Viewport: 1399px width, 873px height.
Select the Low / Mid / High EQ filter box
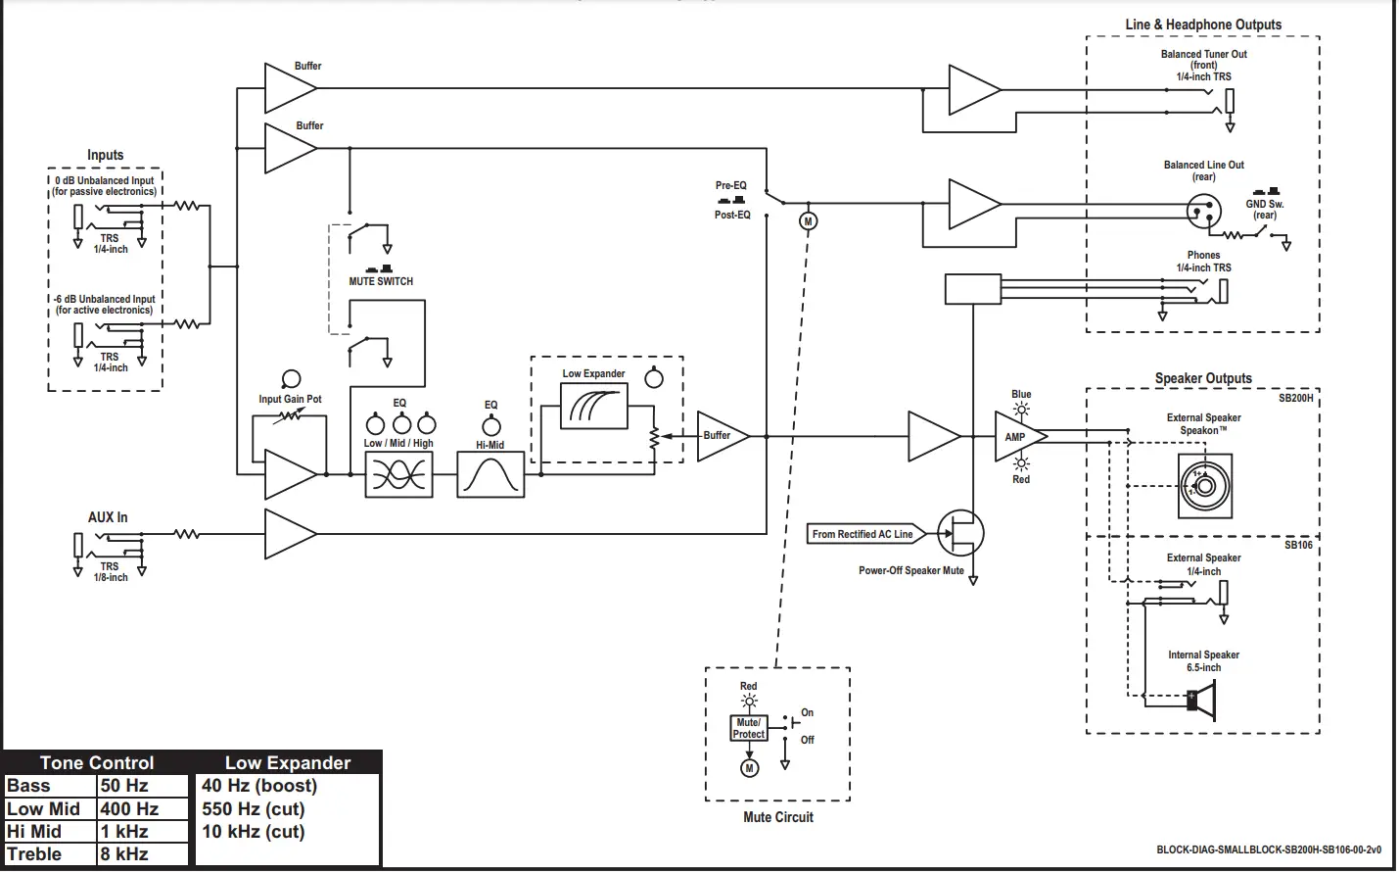click(x=398, y=475)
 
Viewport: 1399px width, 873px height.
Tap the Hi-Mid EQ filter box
click(x=490, y=475)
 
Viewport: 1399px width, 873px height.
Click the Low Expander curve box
click(x=593, y=407)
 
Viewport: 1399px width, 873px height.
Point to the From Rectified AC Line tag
click(x=865, y=534)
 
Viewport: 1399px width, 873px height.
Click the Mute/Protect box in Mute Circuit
click(x=748, y=728)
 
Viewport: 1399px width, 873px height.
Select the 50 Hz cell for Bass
click(x=142, y=786)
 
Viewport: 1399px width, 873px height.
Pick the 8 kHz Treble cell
click(x=142, y=854)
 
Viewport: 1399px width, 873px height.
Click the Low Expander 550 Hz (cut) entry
click(x=253, y=808)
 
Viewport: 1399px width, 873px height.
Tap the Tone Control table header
click(x=97, y=762)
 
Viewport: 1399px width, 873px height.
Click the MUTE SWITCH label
click(x=381, y=281)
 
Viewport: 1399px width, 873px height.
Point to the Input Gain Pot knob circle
click(x=291, y=379)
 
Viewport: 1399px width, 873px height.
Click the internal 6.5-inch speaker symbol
click(x=1201, y=701)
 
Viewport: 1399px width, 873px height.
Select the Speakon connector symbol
click(x=1205, y=486)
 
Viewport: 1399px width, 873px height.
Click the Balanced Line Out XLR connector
click(x=1203, y=210)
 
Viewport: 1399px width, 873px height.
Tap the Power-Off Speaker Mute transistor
click(x=961, y=533)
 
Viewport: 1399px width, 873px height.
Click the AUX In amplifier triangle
click(x=291, y=534)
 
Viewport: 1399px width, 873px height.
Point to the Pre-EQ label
click(x=730, y=185)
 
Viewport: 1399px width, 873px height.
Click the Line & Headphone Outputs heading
click(x=1203, y=24)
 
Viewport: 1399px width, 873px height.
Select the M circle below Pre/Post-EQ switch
click(x=808, y=221)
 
